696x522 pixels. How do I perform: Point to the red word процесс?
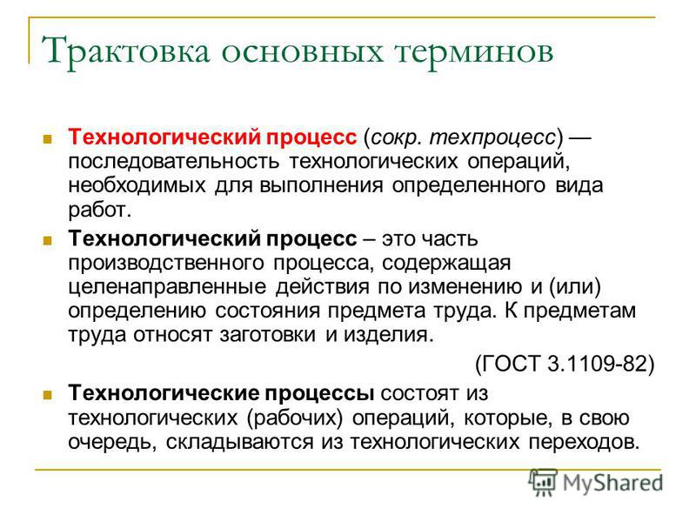311,138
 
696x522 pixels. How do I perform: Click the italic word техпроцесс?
492,138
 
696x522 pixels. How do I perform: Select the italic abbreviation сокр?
395,138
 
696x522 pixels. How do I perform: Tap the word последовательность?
173,161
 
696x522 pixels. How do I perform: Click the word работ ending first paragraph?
100,209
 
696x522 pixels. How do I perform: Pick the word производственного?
166,264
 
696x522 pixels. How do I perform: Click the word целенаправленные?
167,286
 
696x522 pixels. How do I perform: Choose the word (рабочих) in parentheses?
295,418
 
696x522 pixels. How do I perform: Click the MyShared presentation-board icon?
543,482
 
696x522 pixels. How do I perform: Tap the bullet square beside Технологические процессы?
48,395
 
